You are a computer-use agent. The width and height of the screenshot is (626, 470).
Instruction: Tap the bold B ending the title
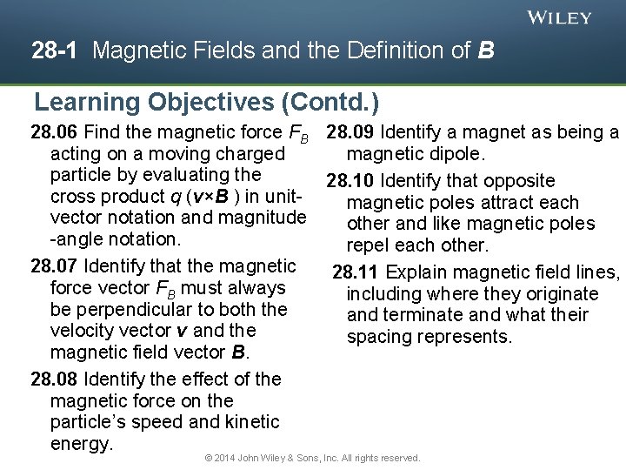(486, 51)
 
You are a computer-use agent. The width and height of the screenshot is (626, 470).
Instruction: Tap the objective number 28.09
(350, 133)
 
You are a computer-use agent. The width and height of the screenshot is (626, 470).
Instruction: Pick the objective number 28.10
(350, 181)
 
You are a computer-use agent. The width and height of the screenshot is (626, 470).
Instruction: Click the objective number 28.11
(357, 272)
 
